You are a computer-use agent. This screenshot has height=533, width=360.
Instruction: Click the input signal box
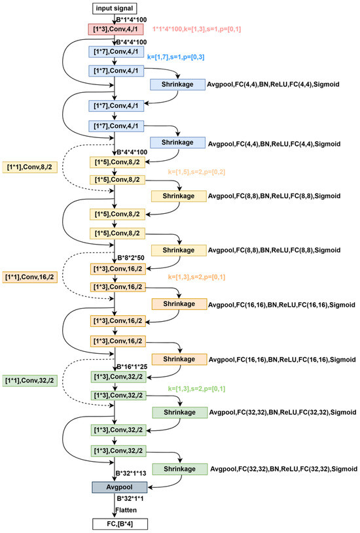[115, 9]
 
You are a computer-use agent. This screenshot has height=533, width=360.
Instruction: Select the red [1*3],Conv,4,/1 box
[115, 29]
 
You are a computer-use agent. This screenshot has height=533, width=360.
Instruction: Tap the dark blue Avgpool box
[115, 487]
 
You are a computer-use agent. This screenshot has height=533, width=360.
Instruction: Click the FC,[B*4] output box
[115, 523]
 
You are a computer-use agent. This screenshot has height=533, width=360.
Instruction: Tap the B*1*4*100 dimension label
[137, 19]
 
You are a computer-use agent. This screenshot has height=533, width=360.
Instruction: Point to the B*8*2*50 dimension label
[135, 257]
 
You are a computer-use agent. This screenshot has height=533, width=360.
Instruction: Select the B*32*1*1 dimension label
[135, 500]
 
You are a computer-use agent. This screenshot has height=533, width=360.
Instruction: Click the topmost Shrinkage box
[177, 84]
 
